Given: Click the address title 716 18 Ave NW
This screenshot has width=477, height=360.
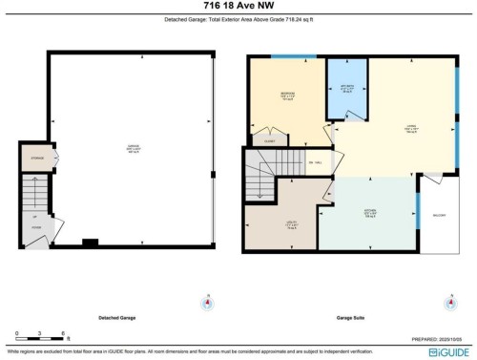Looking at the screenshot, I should pos(238,8).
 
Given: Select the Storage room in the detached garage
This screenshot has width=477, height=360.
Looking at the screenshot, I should pos(36,157).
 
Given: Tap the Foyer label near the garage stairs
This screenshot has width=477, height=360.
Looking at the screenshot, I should pos(35,227).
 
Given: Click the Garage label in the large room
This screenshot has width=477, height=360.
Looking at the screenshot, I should pos(131,148).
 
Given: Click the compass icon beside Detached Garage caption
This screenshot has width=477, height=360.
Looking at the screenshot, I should pos(204,304).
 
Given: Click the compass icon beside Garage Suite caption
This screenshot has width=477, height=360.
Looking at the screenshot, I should pos(449,304).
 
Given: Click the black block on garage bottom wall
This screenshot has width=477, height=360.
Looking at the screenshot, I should pos(90,241).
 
